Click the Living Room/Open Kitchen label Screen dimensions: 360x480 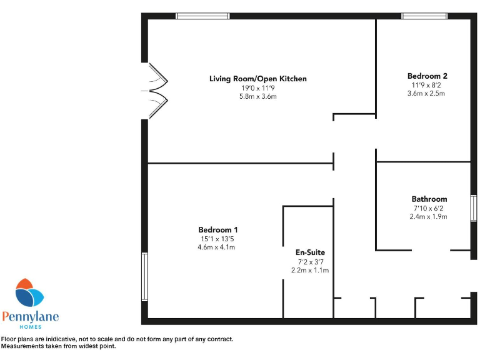(257, 79)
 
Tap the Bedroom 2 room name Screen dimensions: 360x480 (427, 76)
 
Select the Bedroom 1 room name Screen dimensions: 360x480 (217, 229)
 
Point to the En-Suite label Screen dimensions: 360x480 (310, 252)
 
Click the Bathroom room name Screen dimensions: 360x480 (429, 199)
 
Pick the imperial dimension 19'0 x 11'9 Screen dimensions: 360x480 (257, 88)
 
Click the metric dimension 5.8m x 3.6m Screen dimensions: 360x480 (257, 97)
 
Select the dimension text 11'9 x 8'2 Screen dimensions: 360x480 (427, 84)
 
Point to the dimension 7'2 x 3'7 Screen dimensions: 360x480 (310, 262)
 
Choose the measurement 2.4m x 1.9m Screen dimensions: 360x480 (429, 217)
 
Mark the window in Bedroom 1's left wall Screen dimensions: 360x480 (144, 276)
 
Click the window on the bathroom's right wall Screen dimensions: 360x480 (473, 208)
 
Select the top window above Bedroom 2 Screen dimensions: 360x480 (424, 16)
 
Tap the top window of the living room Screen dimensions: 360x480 (202, 16)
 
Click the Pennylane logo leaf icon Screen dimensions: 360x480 (29, 294)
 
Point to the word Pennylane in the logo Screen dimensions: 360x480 (30, 317)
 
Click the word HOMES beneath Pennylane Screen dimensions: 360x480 (30, 327)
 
